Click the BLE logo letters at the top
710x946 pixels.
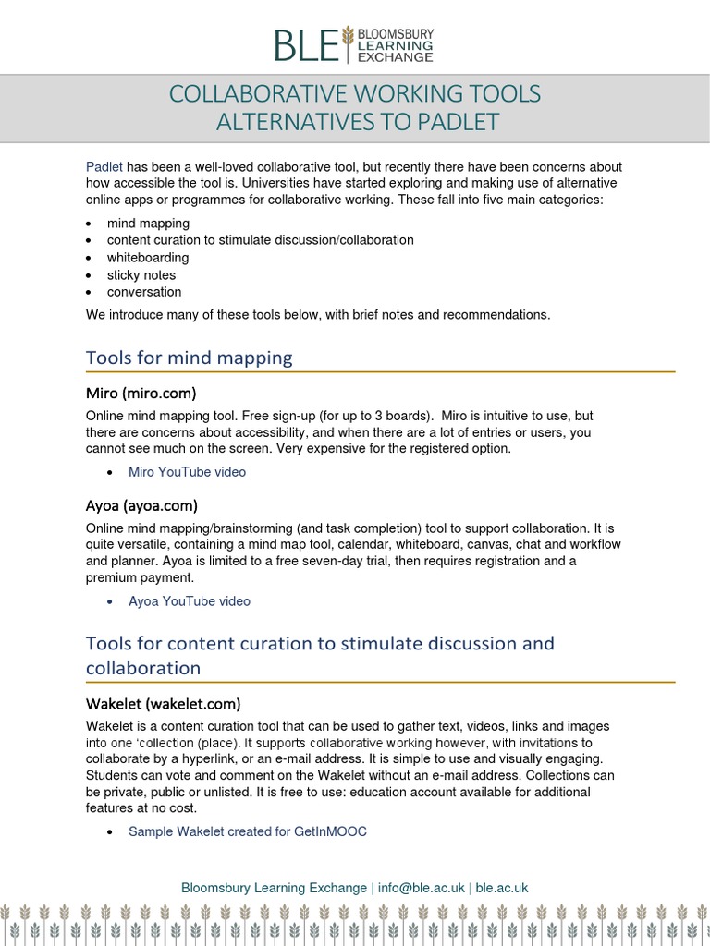(x=305, y=44)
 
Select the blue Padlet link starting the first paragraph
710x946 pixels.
(x=104, y=167)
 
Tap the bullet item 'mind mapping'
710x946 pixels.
(x=148, y=224)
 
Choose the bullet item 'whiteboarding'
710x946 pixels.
(x=148, y=258)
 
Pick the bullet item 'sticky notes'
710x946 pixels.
(x=141, y=275)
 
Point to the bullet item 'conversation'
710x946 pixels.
(x=144, y=292)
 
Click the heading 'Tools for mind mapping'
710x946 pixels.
(x=189, y=357)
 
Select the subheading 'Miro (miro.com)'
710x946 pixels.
(x=141, y=393)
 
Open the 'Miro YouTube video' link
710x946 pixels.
(x=187, y=472)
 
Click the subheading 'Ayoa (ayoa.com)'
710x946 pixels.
(x=141, y=505)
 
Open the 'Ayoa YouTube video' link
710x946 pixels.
(x=189, y=601)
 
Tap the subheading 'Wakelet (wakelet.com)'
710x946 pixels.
(x=163, y=703)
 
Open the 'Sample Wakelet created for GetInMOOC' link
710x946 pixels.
(x=247, y=831)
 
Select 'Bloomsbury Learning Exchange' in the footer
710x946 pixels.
(x=274, y=888)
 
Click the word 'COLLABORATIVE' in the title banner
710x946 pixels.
(x=259, y=94)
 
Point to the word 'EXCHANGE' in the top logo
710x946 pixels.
(x=396, y=57)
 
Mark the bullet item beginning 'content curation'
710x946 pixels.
(x=260, y=240)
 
